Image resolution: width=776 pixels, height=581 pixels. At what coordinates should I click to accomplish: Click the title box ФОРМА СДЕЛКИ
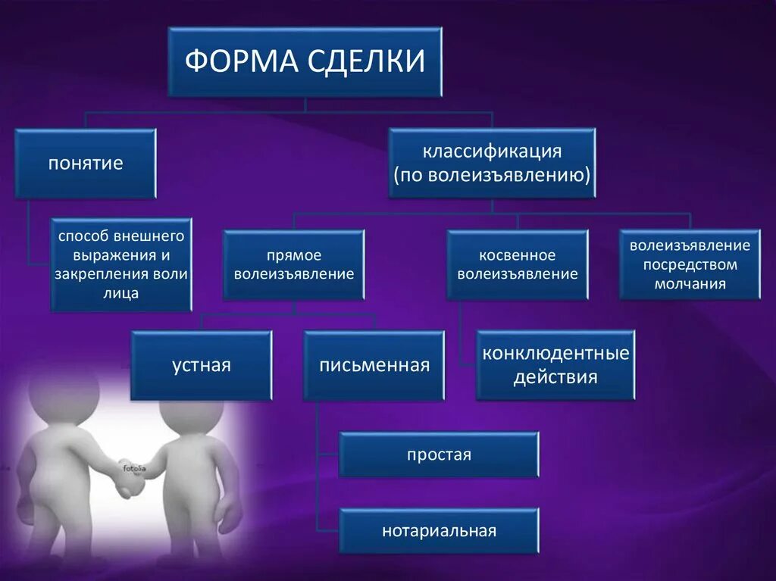305,62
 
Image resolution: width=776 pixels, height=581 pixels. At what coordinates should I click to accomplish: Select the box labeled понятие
86,164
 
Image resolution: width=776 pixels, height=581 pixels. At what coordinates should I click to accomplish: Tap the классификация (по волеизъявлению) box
492,164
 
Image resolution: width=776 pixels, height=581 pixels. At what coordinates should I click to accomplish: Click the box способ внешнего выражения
121,264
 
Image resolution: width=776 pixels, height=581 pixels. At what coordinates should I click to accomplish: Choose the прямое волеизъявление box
294,264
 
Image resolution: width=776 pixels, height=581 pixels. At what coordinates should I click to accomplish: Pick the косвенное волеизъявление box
518,264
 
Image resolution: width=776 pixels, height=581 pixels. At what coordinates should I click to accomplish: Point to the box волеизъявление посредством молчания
690,264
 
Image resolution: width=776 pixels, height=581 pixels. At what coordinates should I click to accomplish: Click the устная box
201,366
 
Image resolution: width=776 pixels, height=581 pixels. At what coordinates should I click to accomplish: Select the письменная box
374,366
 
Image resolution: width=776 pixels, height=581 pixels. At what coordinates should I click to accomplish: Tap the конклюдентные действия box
555,365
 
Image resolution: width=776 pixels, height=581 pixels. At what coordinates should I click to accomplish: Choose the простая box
439,454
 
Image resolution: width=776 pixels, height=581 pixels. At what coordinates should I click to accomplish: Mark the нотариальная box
439,530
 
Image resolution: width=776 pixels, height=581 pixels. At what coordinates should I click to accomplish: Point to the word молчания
690,284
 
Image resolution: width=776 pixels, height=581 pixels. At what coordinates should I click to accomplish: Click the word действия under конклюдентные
555,376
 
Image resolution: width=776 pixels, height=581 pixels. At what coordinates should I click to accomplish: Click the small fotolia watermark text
137,468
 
